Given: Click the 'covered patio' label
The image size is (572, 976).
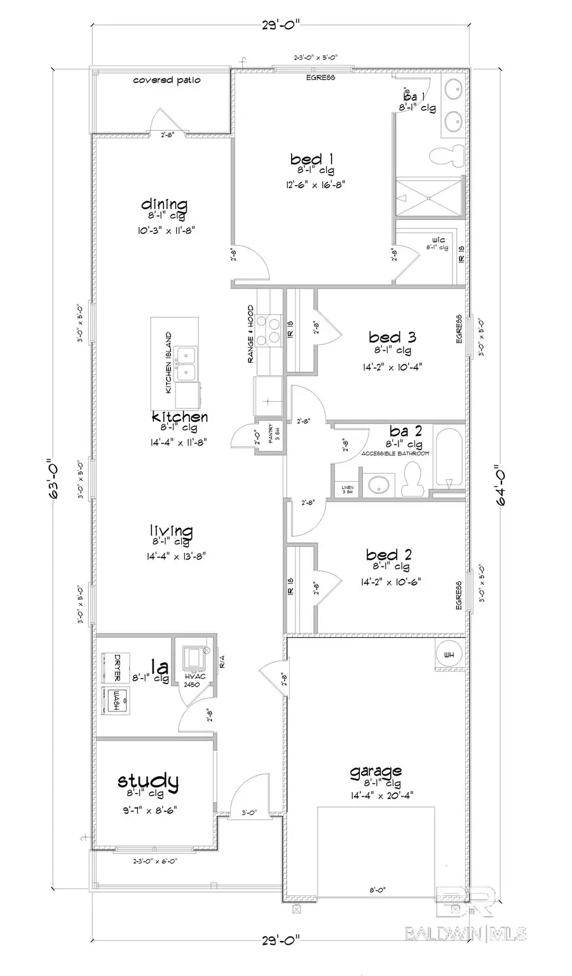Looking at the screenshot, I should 167,80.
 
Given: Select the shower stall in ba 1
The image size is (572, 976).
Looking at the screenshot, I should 428,198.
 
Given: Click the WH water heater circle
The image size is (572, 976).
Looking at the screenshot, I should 449,655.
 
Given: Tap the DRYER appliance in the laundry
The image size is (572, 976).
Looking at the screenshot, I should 116,667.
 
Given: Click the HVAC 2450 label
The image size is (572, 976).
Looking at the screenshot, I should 193,680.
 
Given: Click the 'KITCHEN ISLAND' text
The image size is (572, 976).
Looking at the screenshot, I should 168,362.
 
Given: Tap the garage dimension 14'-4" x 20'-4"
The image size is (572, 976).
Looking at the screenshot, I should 375,794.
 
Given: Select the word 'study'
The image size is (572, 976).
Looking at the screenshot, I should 147,780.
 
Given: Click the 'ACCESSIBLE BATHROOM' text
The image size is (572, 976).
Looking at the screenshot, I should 395,453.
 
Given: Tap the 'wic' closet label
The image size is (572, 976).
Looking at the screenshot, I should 438,240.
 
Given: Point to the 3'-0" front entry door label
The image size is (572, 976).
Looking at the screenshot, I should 250,812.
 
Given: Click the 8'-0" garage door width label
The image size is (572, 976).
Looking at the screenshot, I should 376,890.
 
